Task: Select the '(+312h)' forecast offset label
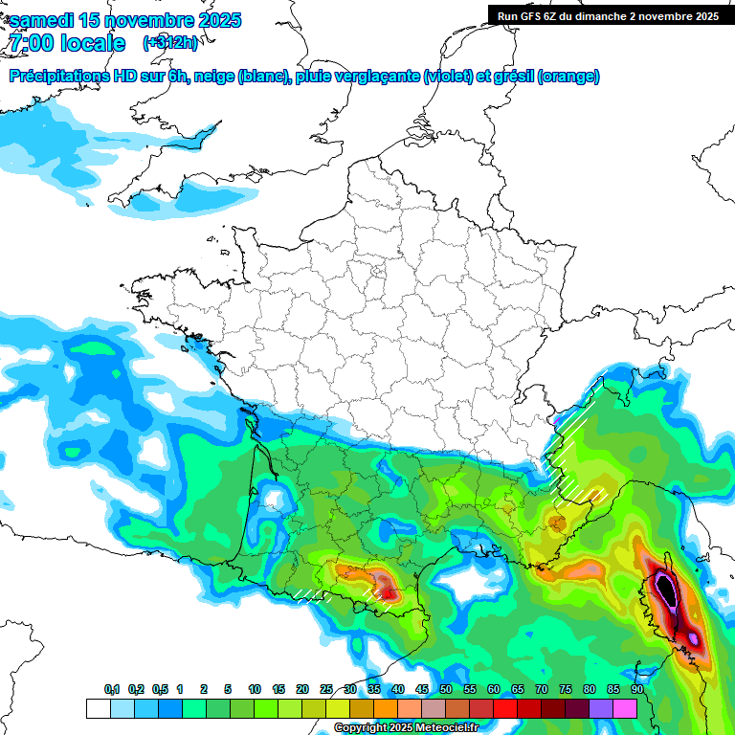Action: [171, 43]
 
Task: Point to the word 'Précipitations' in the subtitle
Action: [58, 77]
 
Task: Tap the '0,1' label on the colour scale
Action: [112, 689]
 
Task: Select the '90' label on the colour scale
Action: [636, 689]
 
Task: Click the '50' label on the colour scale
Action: [446, 689]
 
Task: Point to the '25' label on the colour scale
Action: [326, 689]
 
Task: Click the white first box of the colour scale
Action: [98, 708]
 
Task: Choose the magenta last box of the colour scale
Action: [625, 708]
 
